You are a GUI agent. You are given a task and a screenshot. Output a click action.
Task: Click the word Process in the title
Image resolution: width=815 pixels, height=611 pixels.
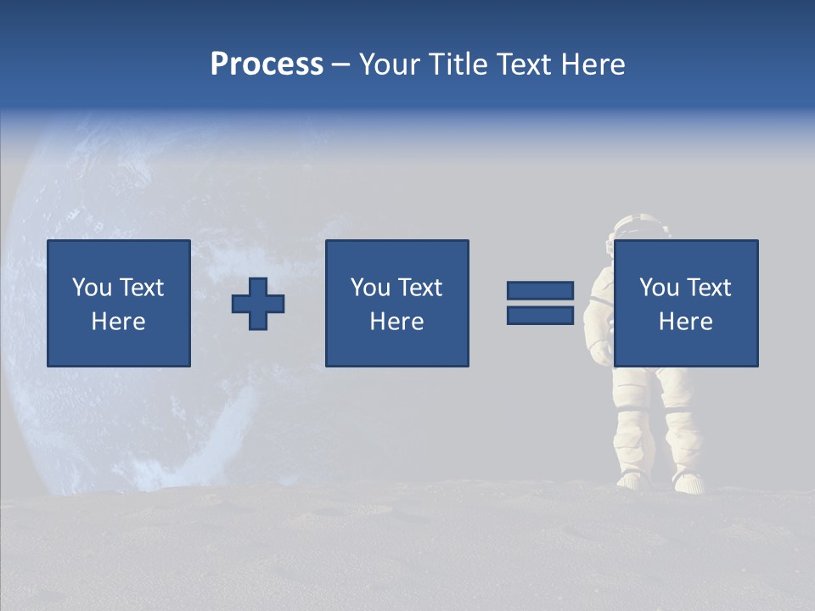point(267,64)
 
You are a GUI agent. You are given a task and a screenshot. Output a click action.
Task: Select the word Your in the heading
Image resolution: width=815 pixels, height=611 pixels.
point(390,64)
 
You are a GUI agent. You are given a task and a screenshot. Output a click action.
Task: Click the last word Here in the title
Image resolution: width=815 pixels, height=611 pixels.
point(593,64)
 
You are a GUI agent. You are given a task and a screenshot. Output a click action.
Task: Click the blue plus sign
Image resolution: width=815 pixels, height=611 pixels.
point(258,304)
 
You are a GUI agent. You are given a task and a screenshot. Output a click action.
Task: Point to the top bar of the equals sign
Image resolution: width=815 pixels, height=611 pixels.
point(540,291)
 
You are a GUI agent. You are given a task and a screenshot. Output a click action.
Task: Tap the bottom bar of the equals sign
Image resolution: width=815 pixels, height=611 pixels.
point(540,316)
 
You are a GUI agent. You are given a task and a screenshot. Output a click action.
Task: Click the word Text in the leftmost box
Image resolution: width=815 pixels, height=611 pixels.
point(141,288)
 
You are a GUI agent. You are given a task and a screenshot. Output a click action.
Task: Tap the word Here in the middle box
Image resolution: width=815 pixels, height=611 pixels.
point(396,322)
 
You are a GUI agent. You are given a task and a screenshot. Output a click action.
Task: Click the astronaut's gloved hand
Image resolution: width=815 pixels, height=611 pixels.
point(600,350)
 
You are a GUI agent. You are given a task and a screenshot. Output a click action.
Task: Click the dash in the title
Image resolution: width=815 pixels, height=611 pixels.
point(341,64)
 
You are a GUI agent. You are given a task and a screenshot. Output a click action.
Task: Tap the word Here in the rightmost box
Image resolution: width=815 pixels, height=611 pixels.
point(685,322)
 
